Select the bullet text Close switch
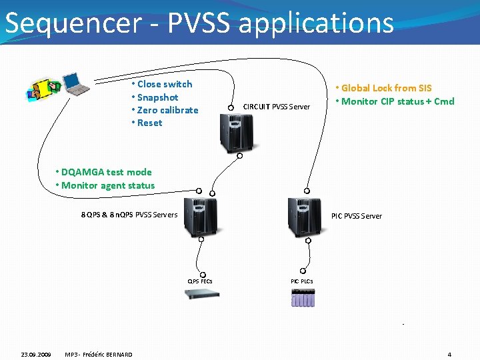pyautogui.click(x=164, y=84)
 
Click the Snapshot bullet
pyautogui.click(x=157, y=97)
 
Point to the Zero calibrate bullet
pyautogui.click(x=167, y=110)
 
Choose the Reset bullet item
pyautogui.click(x=149, y=123)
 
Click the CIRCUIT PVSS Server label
pyautogui.click(x=276, y=107)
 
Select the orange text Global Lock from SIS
pyautogui.click(x=386, y=88)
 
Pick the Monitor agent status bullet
pyautogui.click(x=107, y=185)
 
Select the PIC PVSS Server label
pyautogui.click(x=357, y=216)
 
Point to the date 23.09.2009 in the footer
pyautogui.click(x=35, y=354)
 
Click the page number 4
pyautogui.click(x=449, y=354)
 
